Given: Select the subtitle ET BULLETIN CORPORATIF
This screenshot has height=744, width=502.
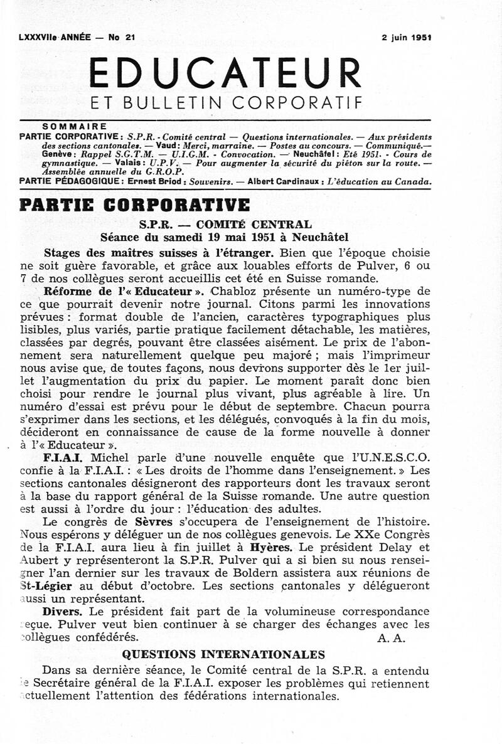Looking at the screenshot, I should [226, 102].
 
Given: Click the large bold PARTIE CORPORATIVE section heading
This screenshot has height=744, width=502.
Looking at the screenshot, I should [135, 205].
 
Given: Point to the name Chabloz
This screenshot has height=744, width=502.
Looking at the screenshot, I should [238, 290].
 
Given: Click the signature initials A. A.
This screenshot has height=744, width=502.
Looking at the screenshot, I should [392, 638].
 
